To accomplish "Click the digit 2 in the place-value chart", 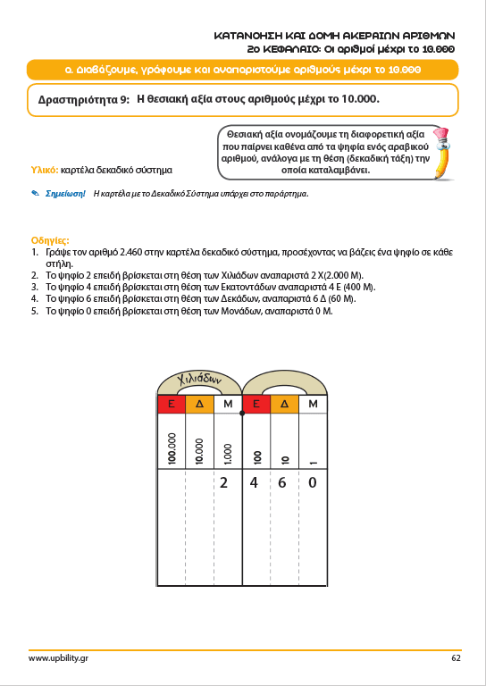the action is point(223,482).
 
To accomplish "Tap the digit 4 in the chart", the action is point(254,482).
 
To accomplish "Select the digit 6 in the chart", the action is point(282,482).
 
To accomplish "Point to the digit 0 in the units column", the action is point(312,482).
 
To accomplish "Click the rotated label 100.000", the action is point(172,448).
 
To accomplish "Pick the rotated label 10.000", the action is point(199,451).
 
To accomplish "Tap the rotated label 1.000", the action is point(228,454).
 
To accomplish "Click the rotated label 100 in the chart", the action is point(257,457).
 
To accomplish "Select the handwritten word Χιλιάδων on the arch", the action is point(197,379).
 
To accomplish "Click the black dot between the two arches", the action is point(242,413).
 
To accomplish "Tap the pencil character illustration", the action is point(442,152).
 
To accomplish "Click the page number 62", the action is point(456,657).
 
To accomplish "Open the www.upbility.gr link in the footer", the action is point(58,658).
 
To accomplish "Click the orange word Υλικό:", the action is point(44,170).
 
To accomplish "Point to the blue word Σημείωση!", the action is point(65,193).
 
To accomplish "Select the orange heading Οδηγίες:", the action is point(50,240).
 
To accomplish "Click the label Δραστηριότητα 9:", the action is point(84,100).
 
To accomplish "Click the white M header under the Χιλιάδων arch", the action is point(228,405).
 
